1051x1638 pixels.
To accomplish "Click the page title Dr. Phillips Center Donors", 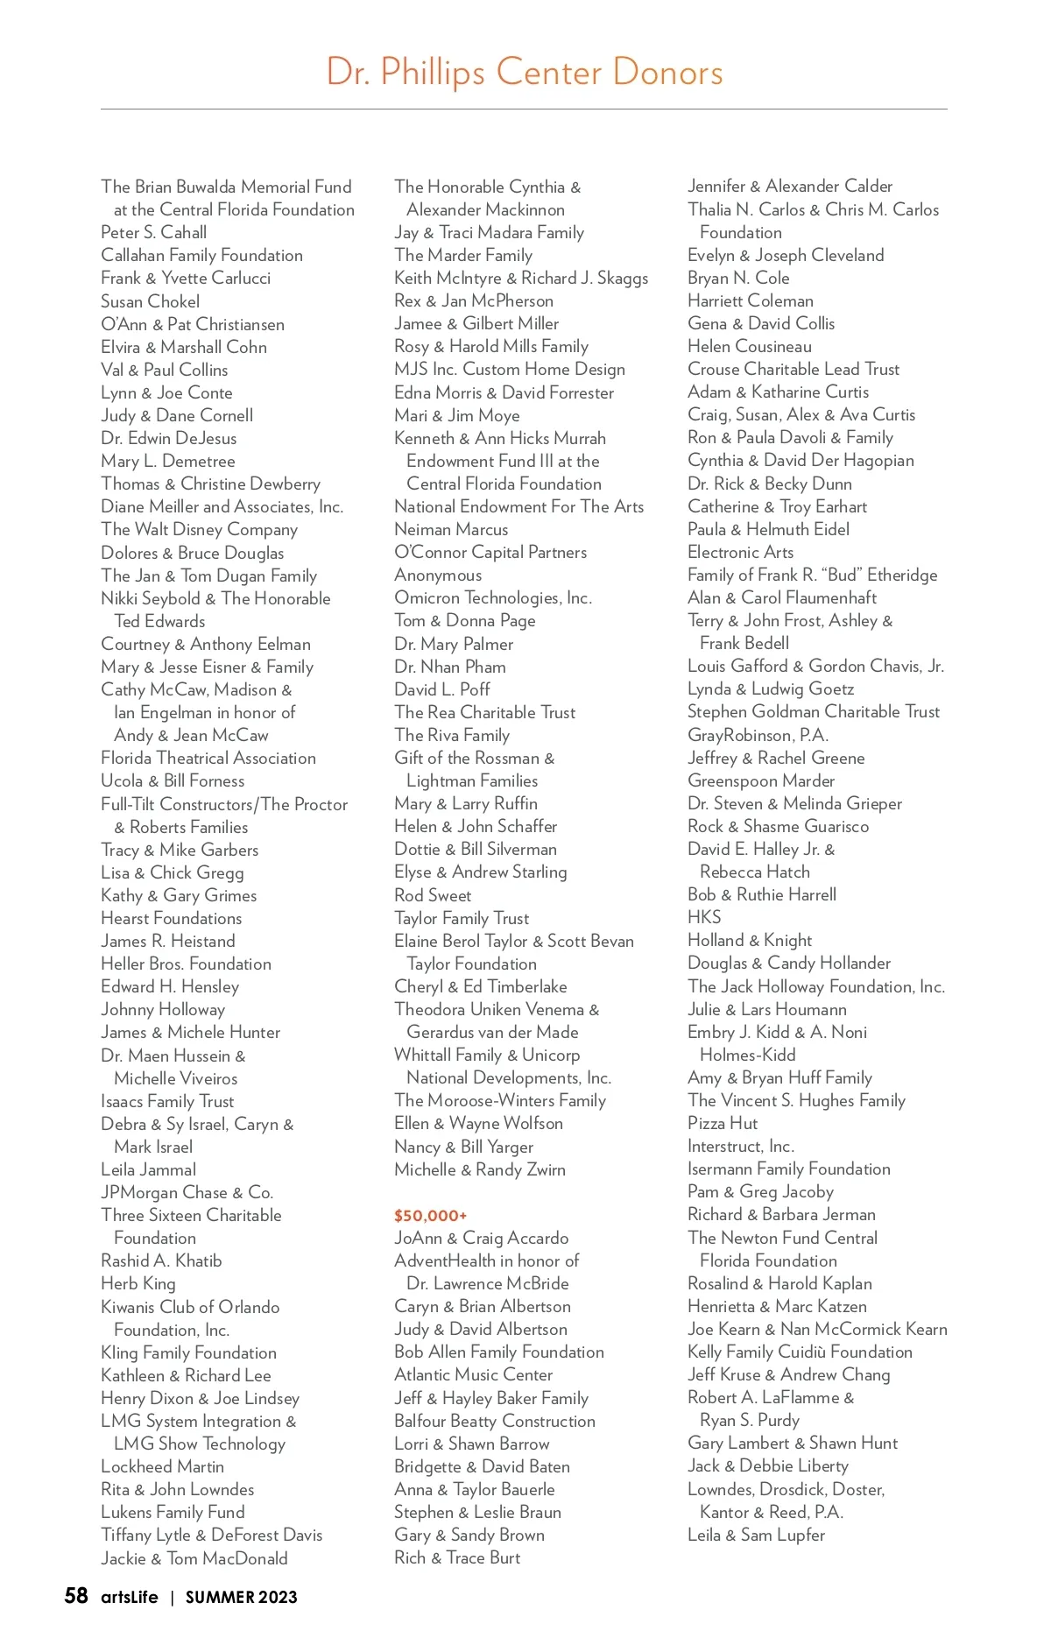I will [525, 72].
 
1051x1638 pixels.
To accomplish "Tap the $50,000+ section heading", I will [430, 1215].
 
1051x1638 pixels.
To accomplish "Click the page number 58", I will [76, 1595].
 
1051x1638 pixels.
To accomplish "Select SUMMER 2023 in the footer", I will [241, 1597].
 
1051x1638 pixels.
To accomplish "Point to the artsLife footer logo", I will [129, 1597].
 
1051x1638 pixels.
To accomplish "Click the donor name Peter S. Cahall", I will [154, 232].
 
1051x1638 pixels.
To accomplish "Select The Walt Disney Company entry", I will [200, 529].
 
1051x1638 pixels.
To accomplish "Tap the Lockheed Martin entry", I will [163, 1466].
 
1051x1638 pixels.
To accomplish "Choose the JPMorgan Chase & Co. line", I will [187, 1192].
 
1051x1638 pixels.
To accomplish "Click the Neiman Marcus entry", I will [451, 529].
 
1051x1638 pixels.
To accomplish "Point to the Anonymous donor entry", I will [438, 575].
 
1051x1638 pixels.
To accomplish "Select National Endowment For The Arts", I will [518, 506].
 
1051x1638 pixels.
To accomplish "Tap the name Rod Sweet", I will [433, 895].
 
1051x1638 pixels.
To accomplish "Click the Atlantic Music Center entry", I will [473, 1374].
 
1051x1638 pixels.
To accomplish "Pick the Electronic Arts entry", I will [741, 552].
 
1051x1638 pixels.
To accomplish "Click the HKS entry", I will [704, 917].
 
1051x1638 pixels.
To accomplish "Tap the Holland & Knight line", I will [750, 940].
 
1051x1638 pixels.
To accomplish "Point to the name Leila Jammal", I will [149, 1169].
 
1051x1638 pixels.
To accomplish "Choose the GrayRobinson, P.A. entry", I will [758, 735].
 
